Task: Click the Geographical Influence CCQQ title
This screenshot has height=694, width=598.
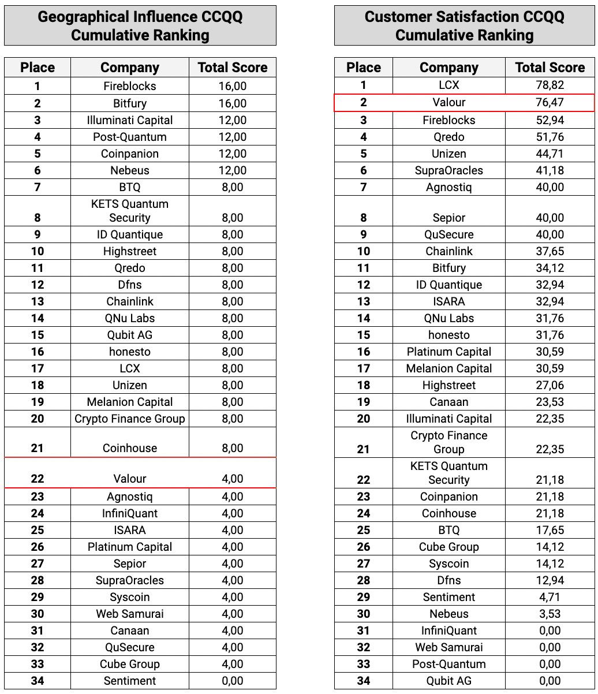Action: (x=140, y=25)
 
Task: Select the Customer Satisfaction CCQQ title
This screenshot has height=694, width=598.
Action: (x=464, y=25)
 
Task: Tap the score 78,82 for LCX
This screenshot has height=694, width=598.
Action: (x=550, y=85)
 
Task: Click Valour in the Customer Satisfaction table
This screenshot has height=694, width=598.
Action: (x=448, y=103)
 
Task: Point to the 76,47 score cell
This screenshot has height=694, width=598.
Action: (x=550, y=103)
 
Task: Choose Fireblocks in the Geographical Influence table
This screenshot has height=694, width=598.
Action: (x=130, y=86)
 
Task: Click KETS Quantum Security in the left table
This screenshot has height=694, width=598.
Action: (x=130, y=211)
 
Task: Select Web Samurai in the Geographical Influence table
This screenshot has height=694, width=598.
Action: (x=130, y=614)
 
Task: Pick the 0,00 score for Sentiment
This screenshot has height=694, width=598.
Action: (x=232, y=681)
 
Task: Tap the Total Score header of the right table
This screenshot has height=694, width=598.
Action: (x=550, y=68)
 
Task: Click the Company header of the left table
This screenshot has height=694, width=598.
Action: (x=130, y=68)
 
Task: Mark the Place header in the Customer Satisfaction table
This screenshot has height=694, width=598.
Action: (x=363, y=68)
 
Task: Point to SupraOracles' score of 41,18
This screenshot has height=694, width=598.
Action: (x=550, y=170)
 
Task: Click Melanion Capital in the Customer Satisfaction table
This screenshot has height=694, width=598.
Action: (x=448, y=368)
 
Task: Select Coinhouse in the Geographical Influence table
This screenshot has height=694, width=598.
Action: (x=130, y=448)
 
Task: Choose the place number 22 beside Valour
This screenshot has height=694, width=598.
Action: (x=38, y=479)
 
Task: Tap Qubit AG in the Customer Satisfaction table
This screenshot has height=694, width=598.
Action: (x=448, y=681)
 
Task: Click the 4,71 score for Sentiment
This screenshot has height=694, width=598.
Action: (x=550, y=597)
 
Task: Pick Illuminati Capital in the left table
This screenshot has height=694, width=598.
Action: (x=130, y=120)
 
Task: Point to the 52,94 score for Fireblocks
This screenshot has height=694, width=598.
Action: (x=550, y=120)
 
